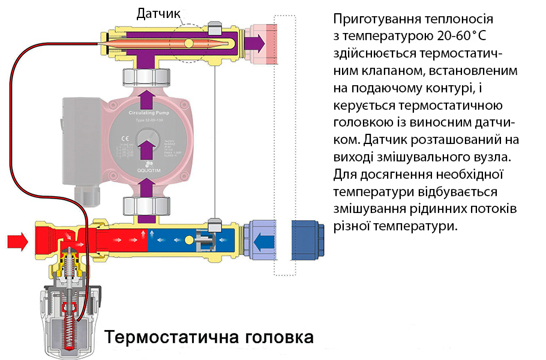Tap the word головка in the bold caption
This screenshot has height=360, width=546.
click(278, 337)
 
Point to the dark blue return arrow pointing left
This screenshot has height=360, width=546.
click(263, 242)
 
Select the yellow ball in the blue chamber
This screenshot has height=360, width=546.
click(190, 241)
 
